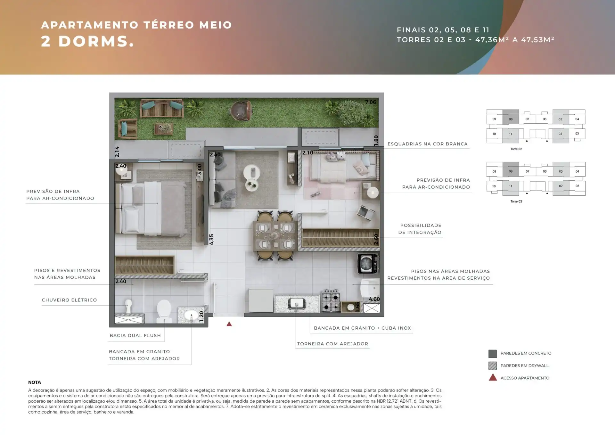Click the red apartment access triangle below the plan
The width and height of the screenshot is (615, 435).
click(229, 324)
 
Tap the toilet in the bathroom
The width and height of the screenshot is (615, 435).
click(164, 311)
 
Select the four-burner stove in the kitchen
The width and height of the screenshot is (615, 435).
click(331, 301)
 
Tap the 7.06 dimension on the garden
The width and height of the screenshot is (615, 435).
click(371, 102)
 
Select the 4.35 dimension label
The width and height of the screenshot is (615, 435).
click(211, 239)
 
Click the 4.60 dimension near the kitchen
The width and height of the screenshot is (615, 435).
click(374, 299)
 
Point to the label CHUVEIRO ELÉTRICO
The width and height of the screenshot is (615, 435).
click(69, 300)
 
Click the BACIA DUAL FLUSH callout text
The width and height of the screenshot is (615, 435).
click(135, 335)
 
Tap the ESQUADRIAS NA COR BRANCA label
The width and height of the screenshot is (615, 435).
click(428, 144)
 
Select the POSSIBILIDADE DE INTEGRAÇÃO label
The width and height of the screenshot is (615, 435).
click(420, 229)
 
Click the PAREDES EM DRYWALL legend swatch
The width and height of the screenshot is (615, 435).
click(493, 365)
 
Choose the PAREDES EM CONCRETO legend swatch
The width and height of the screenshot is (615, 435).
click(493, 354)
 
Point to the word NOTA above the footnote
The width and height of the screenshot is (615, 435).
click(35, 382)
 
